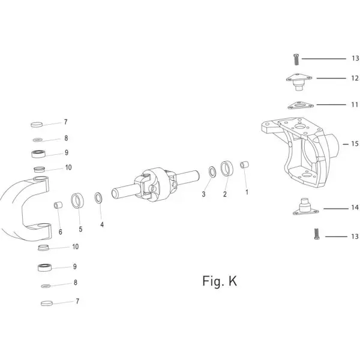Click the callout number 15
tap(355, 144)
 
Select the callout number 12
tap(355, 78)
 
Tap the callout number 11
tap(355, 104)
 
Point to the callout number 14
tap(355, 208)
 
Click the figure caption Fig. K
tap(220, 281)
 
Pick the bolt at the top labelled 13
tap(296, 59)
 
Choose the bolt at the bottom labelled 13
tap(317, 234)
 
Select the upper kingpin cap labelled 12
tap(299, 82)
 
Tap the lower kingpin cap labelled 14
tap(305, 207)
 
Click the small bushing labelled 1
tap(245, 165)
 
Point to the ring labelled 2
tap(227, 169)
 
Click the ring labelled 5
tap(77, 200)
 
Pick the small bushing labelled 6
tap(58, 205)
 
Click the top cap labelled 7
tap(37, 124)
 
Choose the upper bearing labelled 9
tap(38, 154)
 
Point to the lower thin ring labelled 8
tap(46, 286)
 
